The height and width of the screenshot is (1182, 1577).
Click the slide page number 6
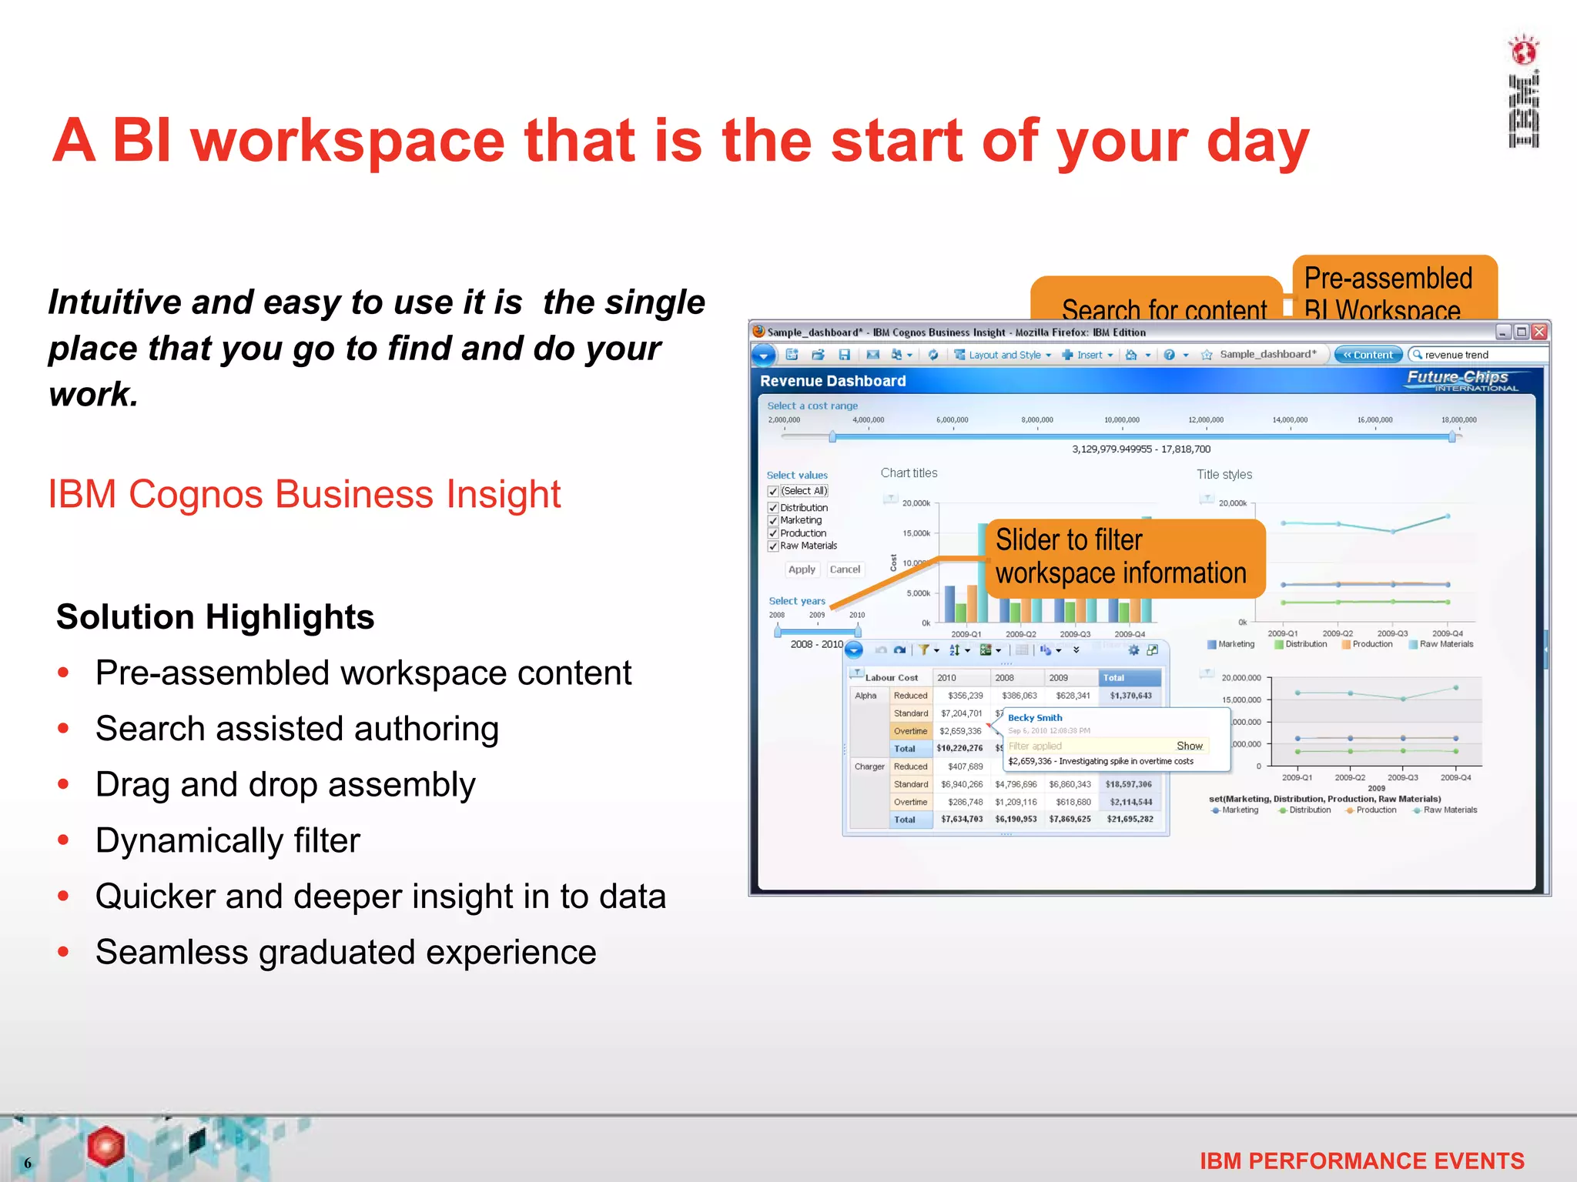click(28, 1163)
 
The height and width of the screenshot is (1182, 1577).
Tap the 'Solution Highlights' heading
click(215, 617)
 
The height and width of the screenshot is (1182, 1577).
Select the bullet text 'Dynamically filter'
click(227, 840)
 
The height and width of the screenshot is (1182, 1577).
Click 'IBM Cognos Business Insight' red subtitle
click(304, 494)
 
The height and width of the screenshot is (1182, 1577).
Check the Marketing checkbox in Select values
click(773, 521)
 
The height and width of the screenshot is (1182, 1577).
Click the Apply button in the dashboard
click(801, 569)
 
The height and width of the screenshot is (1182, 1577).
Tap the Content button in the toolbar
click(1368, 355)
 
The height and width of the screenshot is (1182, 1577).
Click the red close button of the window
click(1539, 332)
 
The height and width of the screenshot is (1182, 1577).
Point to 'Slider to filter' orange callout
click(1124, 557)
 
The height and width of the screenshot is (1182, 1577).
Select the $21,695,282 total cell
click(1130, 820)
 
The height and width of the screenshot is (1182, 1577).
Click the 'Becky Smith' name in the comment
click(1034, 718)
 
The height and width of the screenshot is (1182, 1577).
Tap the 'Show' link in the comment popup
click(1189, 746)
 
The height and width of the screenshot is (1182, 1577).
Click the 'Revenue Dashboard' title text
click(832, 381)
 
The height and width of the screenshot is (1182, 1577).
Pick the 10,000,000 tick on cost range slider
click(1121, 420)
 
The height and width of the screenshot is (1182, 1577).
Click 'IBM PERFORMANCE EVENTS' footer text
click(1361, 1160)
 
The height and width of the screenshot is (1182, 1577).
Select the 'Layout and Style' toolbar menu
click(1003, 355)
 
